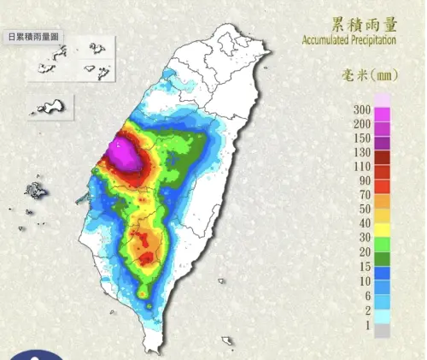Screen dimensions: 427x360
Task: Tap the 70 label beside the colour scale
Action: (363, 195)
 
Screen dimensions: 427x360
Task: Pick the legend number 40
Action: (363, 223)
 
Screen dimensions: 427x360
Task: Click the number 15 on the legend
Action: (363, 265)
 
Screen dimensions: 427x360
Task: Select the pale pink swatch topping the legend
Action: (382, 101)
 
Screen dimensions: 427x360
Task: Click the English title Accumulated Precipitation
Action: (348, 40)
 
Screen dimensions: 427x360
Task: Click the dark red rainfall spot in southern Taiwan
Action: (147, 257)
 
